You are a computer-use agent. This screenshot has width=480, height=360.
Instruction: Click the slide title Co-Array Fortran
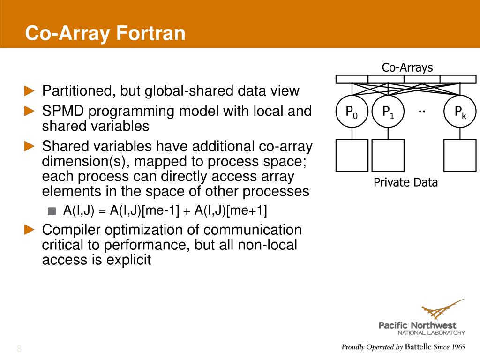[105, 34]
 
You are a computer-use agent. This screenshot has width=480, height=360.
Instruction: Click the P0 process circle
[352, 112]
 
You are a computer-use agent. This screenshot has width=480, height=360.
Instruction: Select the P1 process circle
[388, 112]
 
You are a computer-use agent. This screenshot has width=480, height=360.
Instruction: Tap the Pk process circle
[460, 112]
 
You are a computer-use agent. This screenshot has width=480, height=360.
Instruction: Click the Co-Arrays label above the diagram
[407, 67]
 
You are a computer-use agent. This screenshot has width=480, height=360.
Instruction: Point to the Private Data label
[405, 182]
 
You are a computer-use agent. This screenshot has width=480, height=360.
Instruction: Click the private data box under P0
[352, 155]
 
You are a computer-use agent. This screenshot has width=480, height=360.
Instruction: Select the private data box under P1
[388, 155]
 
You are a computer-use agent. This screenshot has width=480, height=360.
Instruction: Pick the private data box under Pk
[460, 155]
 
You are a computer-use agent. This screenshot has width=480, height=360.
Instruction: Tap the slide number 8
[19, 348]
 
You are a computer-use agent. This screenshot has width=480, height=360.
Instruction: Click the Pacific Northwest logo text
[417, 325]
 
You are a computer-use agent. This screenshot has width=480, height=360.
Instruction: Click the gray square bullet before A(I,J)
[52, 211]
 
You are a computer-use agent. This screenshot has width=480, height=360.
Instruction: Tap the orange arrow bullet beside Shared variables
[30, 147]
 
